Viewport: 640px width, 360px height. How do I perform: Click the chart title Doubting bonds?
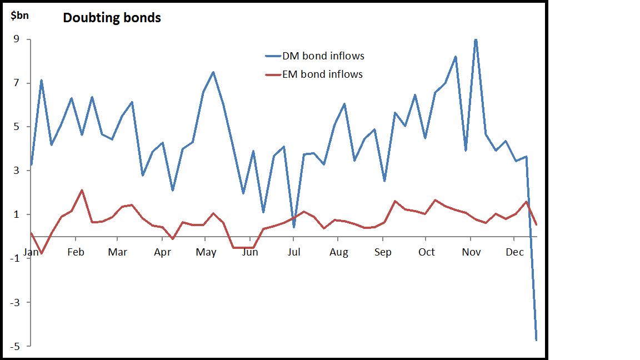[112, 18]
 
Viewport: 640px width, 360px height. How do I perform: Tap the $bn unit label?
[20, 15]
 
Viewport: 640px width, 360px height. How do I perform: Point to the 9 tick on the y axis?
[17, 39]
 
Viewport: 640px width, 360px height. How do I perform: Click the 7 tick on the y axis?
[17, 83]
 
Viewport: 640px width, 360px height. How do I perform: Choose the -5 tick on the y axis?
[15, 346]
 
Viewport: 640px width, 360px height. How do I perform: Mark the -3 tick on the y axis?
[15, 302]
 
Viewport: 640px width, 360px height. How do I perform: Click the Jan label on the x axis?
[31, 252]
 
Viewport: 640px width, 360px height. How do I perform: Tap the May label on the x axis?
[206, 252]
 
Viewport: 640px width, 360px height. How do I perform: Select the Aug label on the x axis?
[339, 252]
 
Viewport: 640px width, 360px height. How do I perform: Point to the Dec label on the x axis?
[515, 252]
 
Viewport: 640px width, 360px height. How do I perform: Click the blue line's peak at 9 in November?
[476, 39]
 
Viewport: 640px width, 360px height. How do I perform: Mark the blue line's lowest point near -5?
[537, 340]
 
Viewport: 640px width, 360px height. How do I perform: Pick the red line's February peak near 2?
[82, 190]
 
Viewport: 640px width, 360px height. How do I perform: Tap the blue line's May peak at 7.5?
[213, 72]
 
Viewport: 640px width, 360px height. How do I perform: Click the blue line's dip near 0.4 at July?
[294, 227]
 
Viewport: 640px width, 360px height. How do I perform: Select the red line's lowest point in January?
[41, 253]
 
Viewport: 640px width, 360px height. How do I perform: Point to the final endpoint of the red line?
[537, 224]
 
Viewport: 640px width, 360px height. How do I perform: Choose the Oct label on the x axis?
[427, 252]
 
